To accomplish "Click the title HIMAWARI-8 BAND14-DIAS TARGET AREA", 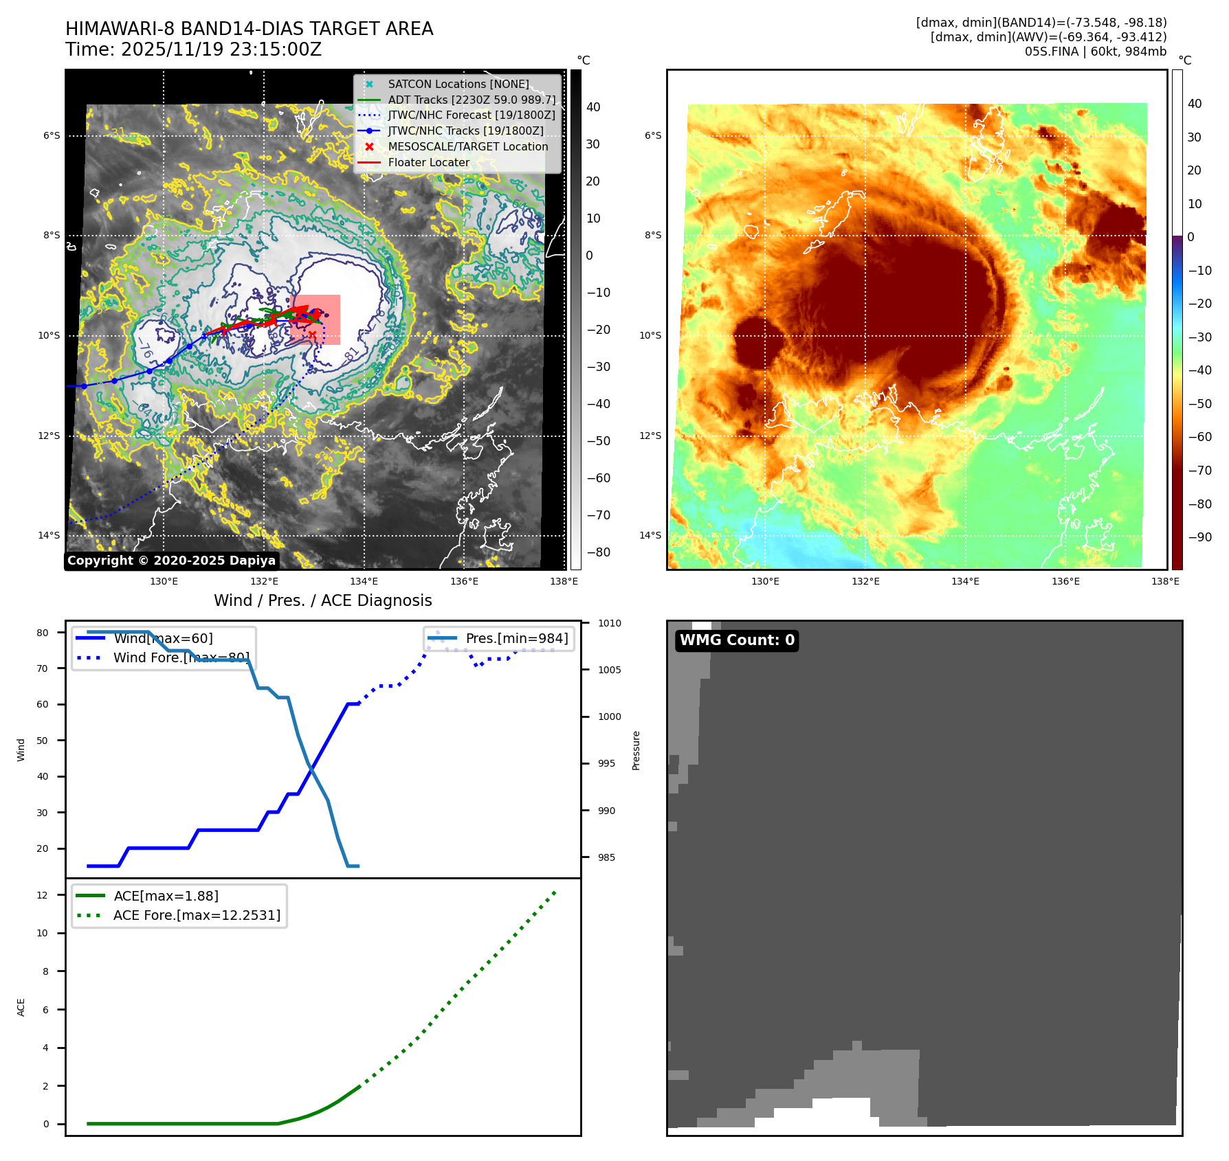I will (x=249, y=29).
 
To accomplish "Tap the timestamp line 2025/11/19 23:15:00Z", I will (x=193, y=49).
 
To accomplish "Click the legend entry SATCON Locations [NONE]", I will (x=458, y=84).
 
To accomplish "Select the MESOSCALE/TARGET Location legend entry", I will (x=467, y=146).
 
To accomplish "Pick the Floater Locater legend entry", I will (x=428, y=162).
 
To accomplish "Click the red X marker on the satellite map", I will (x=312, y=335).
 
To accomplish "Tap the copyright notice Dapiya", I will (x=171, y=561).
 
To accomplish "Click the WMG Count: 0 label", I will (x=737, y=640).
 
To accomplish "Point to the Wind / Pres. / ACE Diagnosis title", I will (x=323, y=600).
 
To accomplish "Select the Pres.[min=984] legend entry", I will (x=516, y=638).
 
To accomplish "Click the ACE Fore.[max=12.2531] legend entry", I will (x=197, y=915).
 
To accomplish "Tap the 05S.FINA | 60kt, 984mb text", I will (x=1095, y=52).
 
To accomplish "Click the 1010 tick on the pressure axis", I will (x=609, y=623).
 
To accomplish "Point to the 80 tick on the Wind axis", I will (x=43, y=633).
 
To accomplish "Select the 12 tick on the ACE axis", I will (x=43, y=895).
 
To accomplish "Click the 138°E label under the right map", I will (x=1165, y=581).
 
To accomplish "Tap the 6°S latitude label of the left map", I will (x=52, y=136).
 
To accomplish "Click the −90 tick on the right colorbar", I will (x=1199, y=537).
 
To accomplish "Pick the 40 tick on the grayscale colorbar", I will (x=593, y=107).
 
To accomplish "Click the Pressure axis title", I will (x=636, y=750).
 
